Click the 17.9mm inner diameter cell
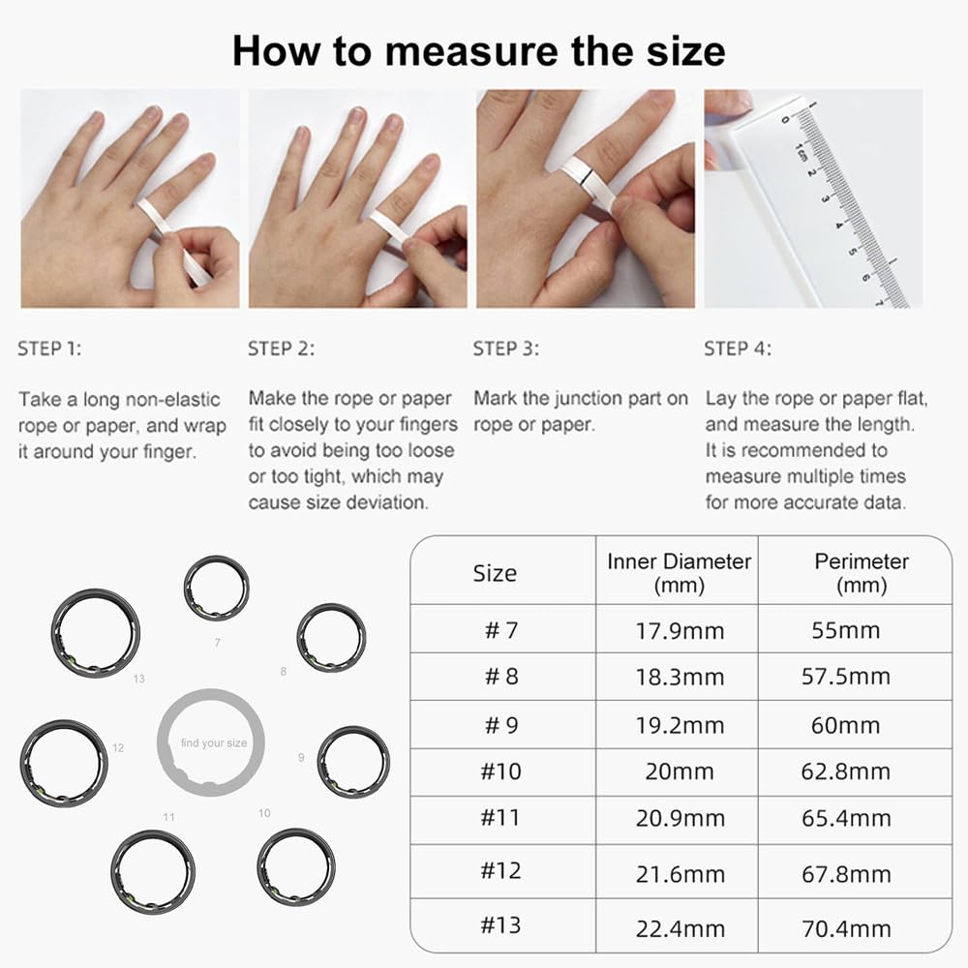pyautogui.click(x=680, y=630)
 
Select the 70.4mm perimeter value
pyautogui.click(x=846, y=929)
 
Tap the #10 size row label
pyautogui.click(x=501, y=771)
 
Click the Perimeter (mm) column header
pyautogui.click(x=862, y=572)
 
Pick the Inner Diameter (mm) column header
pyautogui.click(x=679, y=572)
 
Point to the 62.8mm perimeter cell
pyautogui.click(x=846, y=771)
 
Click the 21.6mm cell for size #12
pyautogui.click(x=680, y=874)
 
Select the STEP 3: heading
pyautogui.click(x=506, y=348)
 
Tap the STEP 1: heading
pyautogui.click(x=49, y=348)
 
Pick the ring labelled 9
pyautogui.click(x=353, y=762)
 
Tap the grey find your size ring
pyautogui.click(x=211, y=742)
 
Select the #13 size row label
pyautogui.click(x=501, y=924)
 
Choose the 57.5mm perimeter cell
pyautogui.click(x=846, y=677)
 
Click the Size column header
pyautogui.click(x=495, y=572)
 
